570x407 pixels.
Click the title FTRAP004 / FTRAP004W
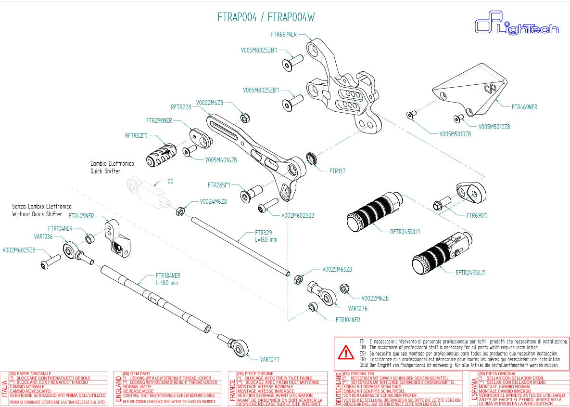pos(266,18)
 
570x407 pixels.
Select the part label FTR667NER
pos(284,35)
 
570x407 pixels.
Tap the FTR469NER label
pos(524,107)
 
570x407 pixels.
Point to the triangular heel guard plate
pos(469,89)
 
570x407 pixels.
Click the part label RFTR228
pos(181,107)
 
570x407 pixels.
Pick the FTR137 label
pos(337,171)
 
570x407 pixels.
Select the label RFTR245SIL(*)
pos(405,232)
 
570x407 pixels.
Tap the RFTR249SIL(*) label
pos(470,273)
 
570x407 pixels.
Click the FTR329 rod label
pos(264,232)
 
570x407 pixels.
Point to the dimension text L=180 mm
pos(166,283)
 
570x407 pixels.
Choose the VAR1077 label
pos(269,359)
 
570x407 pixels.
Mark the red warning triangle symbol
pos(345,353)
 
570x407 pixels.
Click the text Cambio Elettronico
pos(112,164)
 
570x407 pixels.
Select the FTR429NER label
pos(81,216)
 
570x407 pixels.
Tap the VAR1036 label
pos(43,236)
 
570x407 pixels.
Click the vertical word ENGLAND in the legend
pos(117,389)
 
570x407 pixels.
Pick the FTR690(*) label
pos(477,215)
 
